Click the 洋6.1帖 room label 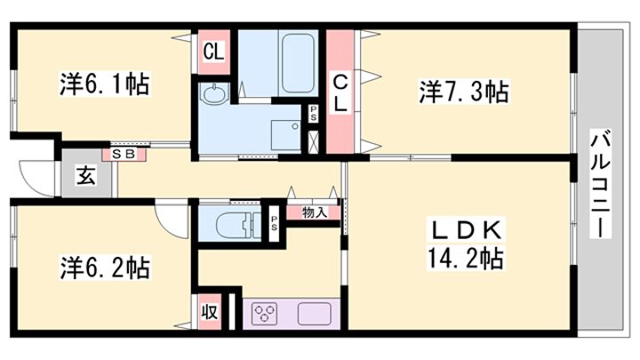click(105, 84)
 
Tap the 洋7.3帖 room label click(464, 92)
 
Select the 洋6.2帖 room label click(105, 268)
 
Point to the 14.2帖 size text click(465, 258)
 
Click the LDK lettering click(467, 230)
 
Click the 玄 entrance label click(86, 176)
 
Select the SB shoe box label click(123, 155)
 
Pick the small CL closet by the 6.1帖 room click(214, 52)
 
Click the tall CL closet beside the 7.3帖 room click(340, 92)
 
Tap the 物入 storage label click(315, 212)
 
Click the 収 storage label click(209, 312)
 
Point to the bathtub click(299, 62)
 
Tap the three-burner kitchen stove click(264, 314)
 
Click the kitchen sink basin click(314, 314)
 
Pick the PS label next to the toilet click(273, 222)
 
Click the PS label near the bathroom click(313, 114)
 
